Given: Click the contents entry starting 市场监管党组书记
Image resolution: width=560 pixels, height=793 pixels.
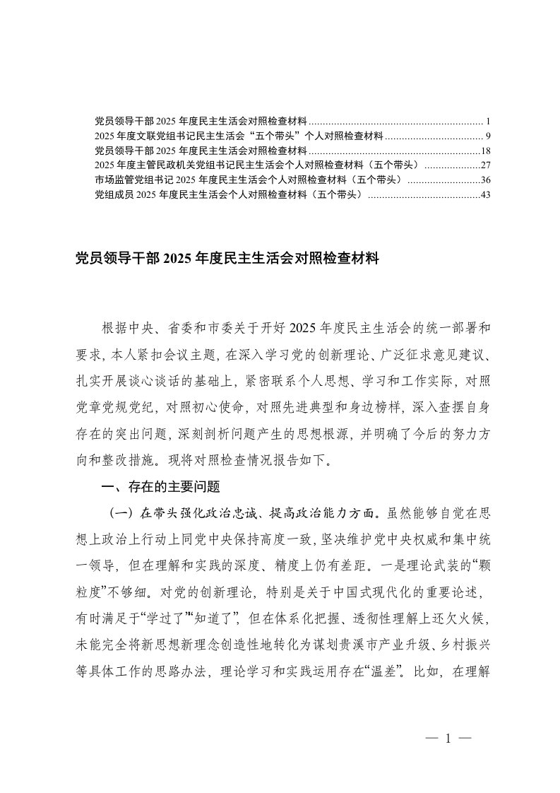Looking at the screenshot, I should (x=247, y=180).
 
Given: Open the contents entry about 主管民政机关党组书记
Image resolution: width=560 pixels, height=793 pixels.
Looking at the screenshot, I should (x=257, y=165).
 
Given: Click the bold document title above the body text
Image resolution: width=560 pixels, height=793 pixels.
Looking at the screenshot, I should (x=227, y=259).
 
